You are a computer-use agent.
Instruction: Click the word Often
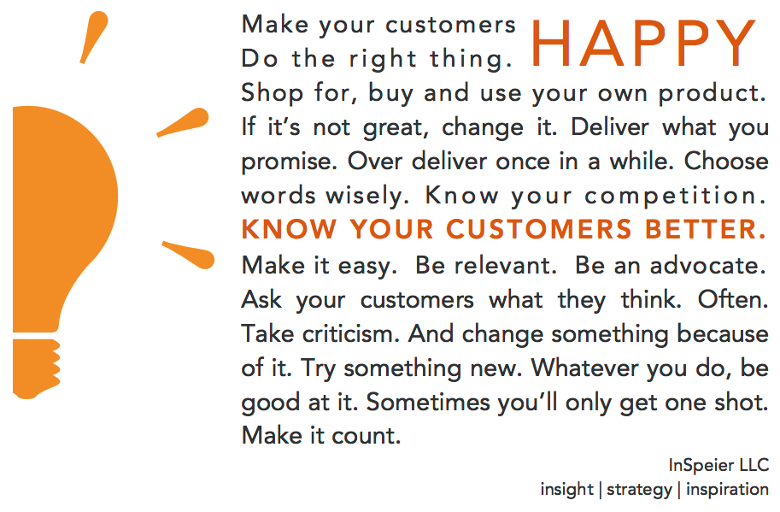tap(733, 299)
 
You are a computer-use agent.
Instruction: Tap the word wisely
tap(368, 196)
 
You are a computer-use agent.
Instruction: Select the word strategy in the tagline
tap(637, 490)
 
